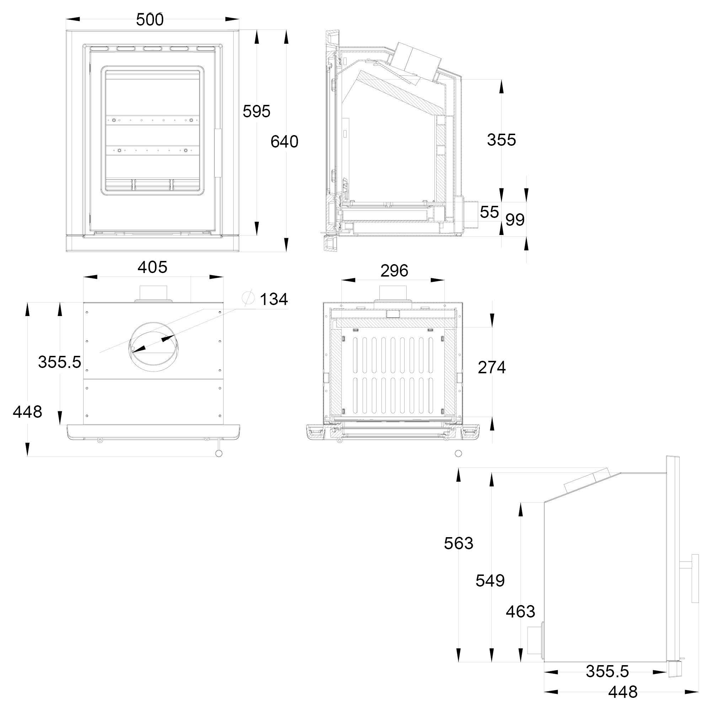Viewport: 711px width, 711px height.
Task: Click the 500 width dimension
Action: click(150, 20)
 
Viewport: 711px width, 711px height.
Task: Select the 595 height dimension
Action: click(257, 111)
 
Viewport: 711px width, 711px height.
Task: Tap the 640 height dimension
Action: click(284, 142)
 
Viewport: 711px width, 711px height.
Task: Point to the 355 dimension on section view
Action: click(501, 140)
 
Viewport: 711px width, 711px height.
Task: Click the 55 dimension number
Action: click(490, 212)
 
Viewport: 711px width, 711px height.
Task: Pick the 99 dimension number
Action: click(515, 220)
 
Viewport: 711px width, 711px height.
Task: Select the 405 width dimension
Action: click(153, 267)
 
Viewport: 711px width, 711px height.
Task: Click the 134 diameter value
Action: click(274, 299)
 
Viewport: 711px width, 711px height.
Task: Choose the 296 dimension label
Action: click(394, 271)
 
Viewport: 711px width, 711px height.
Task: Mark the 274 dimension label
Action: click(492, 367)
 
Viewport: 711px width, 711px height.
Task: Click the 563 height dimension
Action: click(459, 543)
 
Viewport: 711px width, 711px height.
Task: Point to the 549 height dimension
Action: click(490, 581)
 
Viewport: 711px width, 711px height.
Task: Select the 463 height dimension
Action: click(520, 611)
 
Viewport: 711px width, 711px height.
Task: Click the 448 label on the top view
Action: click(27, 411)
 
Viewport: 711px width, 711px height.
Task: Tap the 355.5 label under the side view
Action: click(607, 671)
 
